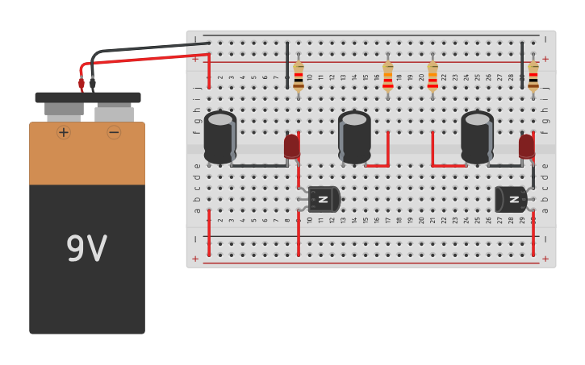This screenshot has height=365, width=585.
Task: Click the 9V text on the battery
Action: point(86,250)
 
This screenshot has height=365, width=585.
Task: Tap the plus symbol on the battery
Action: point(64,132)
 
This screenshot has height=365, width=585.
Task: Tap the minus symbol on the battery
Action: point(114,132)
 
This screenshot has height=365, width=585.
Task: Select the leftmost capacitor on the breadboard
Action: point(219,137)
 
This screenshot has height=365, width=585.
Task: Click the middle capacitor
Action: point(354,137)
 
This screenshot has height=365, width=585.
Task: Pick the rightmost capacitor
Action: point(477,137)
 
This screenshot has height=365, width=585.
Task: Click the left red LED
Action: point(292,147)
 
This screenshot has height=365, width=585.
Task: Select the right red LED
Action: point(527,147)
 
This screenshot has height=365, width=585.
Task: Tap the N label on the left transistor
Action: point(323,199)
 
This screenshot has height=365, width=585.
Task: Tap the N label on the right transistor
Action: point(513,199)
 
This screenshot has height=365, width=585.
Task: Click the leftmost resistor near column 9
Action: point(299,77)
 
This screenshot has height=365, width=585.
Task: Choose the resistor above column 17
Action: point(388,77)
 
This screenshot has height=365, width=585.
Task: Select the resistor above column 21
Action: point(432,77)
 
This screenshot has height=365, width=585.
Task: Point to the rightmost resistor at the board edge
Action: point(533,77)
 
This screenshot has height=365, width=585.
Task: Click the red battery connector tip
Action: point(81,83)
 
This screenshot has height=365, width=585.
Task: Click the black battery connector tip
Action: point(93,83)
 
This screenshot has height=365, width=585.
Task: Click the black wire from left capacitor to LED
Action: point(258,166)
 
